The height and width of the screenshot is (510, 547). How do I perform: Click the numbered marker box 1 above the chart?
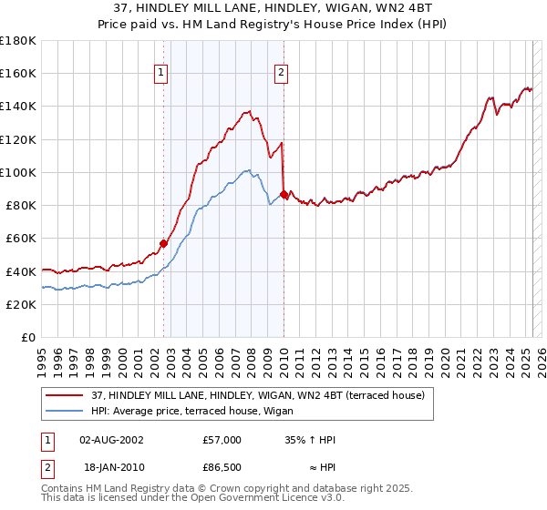[x=161, y=74]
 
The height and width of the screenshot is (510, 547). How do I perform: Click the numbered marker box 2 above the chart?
[x=282, y=74]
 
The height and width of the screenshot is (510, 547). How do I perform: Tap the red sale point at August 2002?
[x=163, y=243]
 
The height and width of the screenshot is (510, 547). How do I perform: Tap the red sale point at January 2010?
[x=284, y=195]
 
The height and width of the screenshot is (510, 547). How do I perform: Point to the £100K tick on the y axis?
[x=17, y=172]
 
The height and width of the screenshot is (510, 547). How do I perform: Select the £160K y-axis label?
[x=17, y=73]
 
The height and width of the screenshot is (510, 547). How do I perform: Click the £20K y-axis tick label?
[x=20, y=304]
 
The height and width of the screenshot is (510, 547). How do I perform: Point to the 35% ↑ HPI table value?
[x=310, y=440]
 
